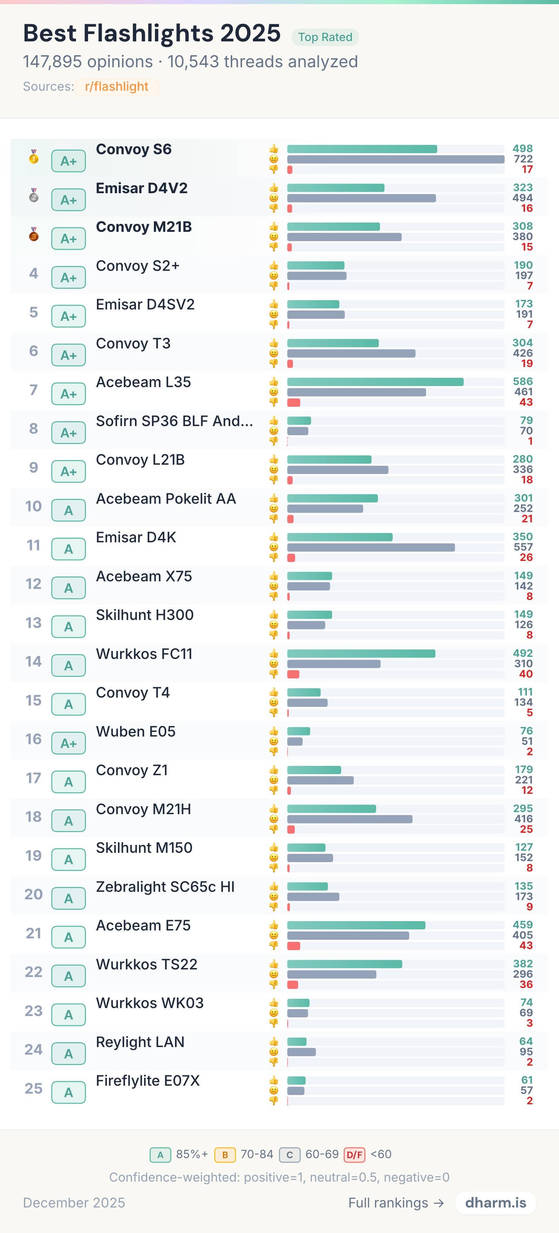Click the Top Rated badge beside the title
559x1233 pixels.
pyautogui.click(x=325, y=37)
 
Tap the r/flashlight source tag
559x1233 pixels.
pyautogui.click(x=116, y=87)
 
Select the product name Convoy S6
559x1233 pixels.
pyautogui.click(x=134, y=149)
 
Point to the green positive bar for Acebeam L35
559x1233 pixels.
pyautogui.click(x=375, y=382)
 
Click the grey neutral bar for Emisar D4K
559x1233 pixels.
pyautogui.click(x=371, y=547)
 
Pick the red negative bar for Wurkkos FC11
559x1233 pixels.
pyautogui.click(x=293, y=674)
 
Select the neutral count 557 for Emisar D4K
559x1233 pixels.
pyautogui.click(x=523, y=547)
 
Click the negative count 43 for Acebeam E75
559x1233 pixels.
pyautogui.click(x=526, y=945)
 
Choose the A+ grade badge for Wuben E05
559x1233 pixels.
pyautogui.click(x=68, y=743)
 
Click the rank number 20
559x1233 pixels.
pyautogui.click(x=33, y=894)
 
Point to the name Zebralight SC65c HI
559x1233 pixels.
pyautogui.click(x=165, y=887)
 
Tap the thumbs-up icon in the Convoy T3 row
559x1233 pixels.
pyautogui.click(x=274, y=343)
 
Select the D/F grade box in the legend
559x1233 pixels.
pyautogui.click(x=354, y=1154)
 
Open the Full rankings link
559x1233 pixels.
pyautogui.click(x=396, y=1203)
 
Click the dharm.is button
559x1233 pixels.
pyautogui.click(x=496, y=1203)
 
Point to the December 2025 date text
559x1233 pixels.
pyautogui.click(x=74, y=1203)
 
